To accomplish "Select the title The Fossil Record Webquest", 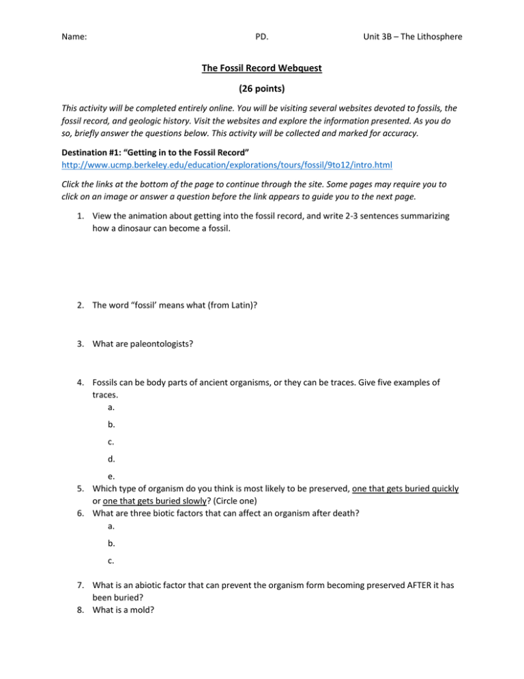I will point(261,68).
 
